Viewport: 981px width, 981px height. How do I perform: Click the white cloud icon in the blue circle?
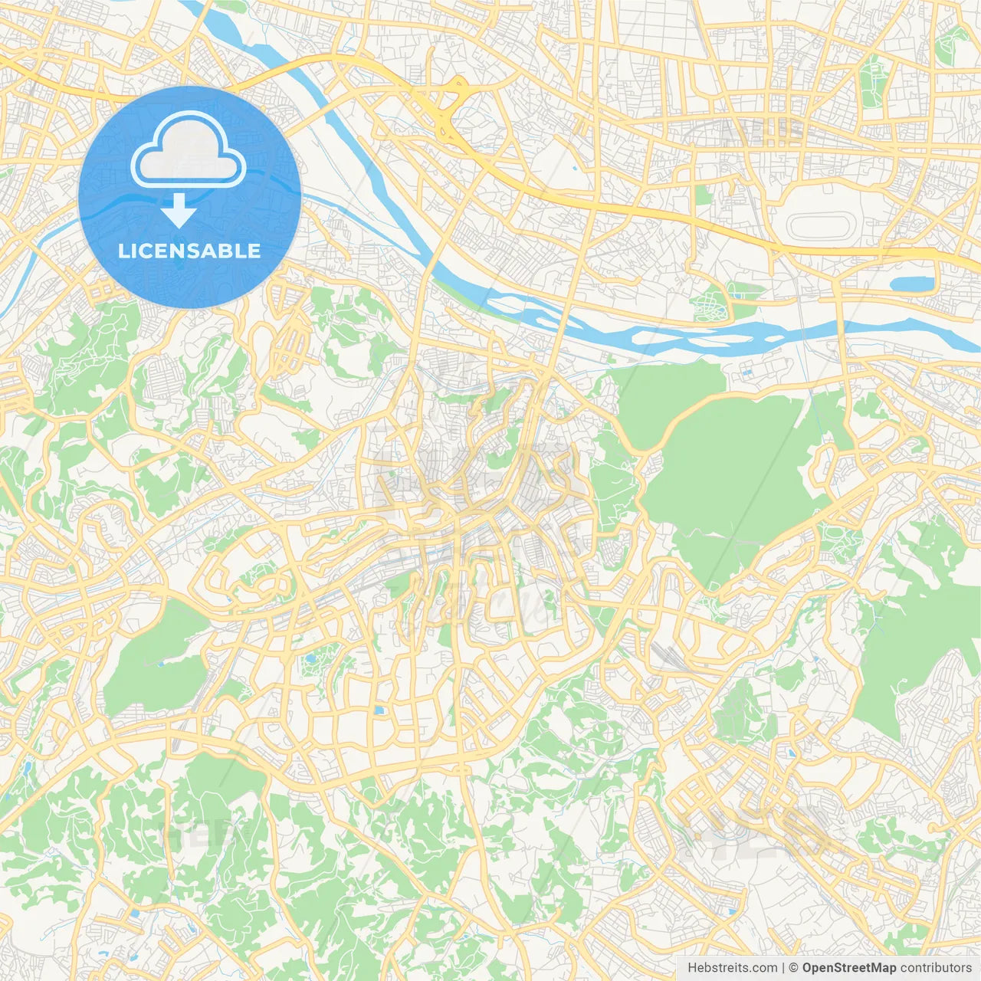click(189, 151)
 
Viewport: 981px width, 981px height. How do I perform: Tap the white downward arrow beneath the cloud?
click(179, 211)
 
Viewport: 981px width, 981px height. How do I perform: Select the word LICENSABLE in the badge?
click(189, 251)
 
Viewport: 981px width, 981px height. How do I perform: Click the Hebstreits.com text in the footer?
click(732, 968)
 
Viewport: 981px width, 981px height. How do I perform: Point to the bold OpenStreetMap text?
click(848, 968)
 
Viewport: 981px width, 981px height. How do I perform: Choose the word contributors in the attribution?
click(936, 968)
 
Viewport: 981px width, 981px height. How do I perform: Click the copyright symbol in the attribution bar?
click(794, 968)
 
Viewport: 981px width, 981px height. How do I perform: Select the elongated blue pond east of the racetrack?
click(912, 284)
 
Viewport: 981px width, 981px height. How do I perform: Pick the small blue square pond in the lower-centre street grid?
click(379, 710)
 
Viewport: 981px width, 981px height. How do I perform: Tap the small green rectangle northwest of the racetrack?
click(702, 194)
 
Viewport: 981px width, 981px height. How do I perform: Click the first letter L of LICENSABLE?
click(123, 251)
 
